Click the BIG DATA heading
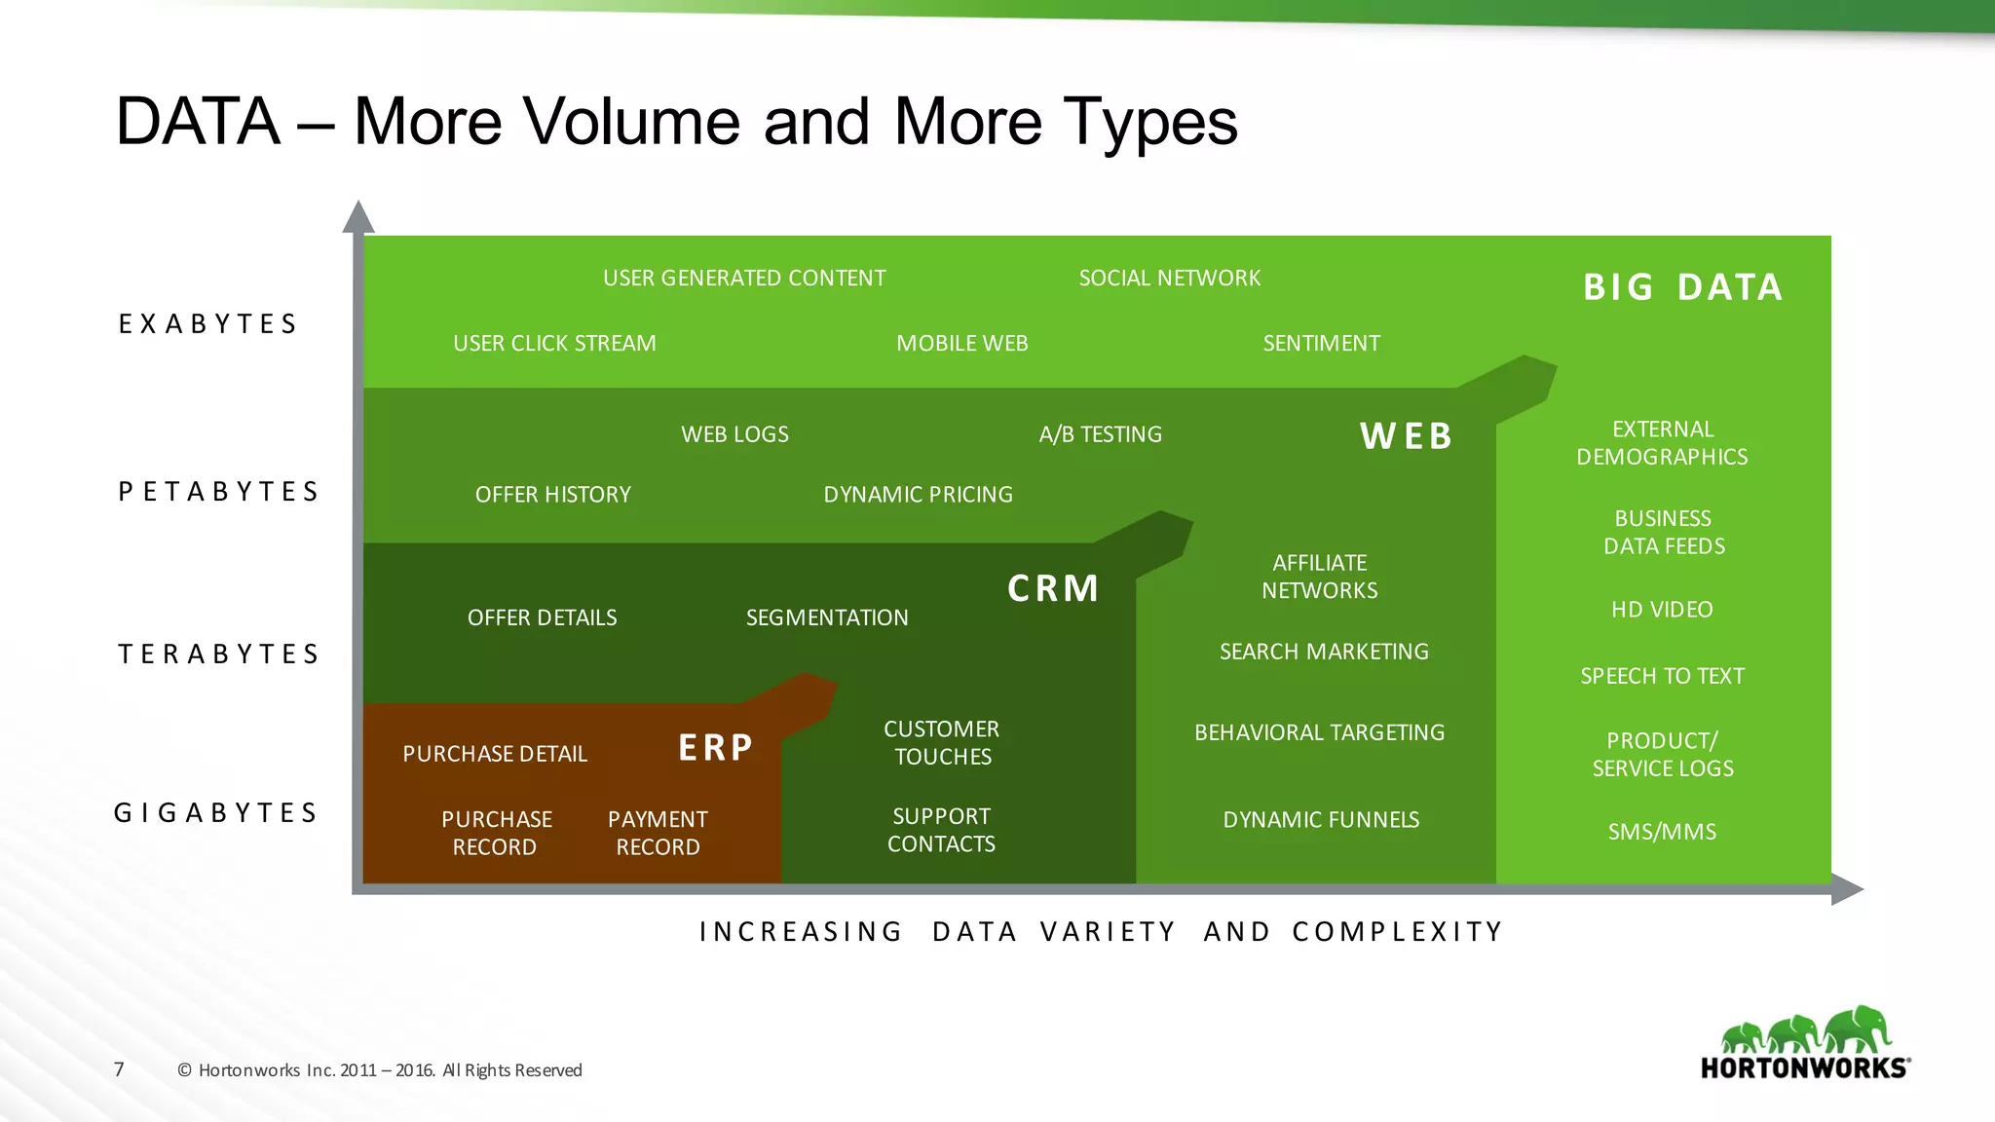1682,287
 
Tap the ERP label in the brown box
716,748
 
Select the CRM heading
1053,588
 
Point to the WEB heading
1407,436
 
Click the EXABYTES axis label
208,323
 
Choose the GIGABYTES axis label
216,812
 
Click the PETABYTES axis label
219,491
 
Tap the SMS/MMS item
1662,832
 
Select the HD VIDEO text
1662,610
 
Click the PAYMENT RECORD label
658,833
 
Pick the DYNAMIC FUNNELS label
1321,820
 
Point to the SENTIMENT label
1321,344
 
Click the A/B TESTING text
1100,434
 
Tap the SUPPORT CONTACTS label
941,830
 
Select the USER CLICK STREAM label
554,344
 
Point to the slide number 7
119,1069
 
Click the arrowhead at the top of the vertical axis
358,217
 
